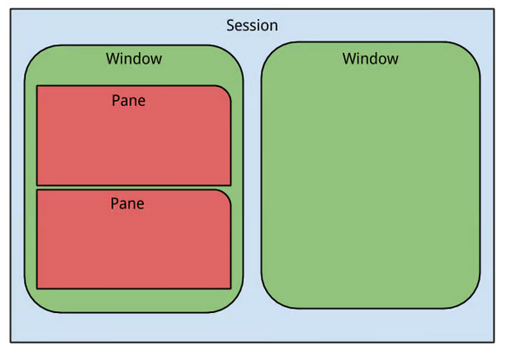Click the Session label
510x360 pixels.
click(x=252, y=25)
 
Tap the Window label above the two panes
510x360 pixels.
click(x=134, y=58)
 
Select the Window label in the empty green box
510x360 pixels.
click(x=370, y=58)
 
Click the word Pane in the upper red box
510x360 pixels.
click(x=129, y=100)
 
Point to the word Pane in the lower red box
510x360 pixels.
click(x=128, y=203)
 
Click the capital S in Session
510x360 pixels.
click(x=230, y=25)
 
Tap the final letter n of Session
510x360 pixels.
click(x=275, y=27)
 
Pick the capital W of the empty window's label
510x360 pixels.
click(x=350, y=58)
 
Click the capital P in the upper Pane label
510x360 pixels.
click(x=116, y=100)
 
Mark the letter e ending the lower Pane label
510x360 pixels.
click(x=141, y=204)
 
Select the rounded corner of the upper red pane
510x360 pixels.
click(x=226, y=91)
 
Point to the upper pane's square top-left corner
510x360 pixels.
click(x=37, y=86)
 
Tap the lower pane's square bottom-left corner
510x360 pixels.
click(x=37, y=289)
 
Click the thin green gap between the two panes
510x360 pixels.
click(x=134, y=188)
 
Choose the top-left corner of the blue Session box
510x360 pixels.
click(x=10, y=9)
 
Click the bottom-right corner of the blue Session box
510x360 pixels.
click(x=494, y=342)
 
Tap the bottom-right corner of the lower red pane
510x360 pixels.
click(x=230, y=289)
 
